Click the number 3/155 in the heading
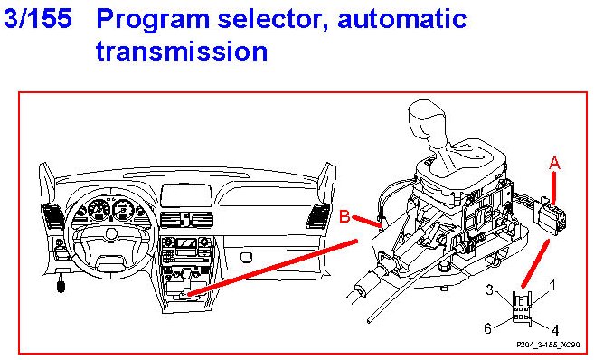(37, 18)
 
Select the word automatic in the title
(401, 19)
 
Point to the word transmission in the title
(182, 51)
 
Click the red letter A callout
(554, 164)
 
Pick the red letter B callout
(344, 216)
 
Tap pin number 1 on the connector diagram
(552, 285)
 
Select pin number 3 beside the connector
(490, 289)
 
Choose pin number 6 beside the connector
(488, 328)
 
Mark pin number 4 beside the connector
(554, 330)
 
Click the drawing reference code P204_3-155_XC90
(548, 345)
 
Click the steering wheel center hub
(111, 233)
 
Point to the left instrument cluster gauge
(99, 210)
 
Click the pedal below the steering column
(61, 287)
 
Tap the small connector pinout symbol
(522, 308)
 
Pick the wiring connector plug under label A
(551, 218)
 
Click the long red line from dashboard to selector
(272, 267)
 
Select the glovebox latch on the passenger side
(247, 258)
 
